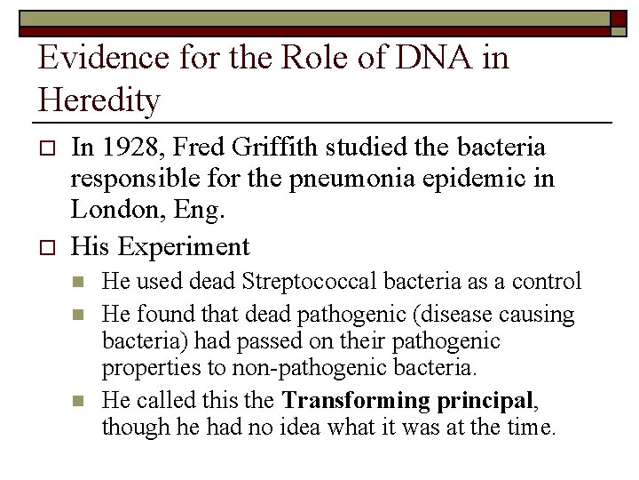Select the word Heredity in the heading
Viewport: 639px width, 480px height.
point(99,100)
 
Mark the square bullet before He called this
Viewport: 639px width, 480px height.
point(79,401)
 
